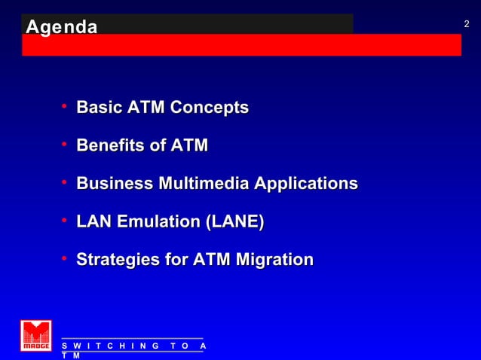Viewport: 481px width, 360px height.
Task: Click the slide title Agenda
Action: pos(61,28)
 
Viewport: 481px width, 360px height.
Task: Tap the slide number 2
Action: pos(467,25)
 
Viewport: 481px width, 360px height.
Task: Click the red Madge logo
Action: pos(35,336)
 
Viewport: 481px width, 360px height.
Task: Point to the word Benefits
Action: pos(110,145)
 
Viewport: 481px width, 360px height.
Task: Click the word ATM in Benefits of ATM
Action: pos(188,145)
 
